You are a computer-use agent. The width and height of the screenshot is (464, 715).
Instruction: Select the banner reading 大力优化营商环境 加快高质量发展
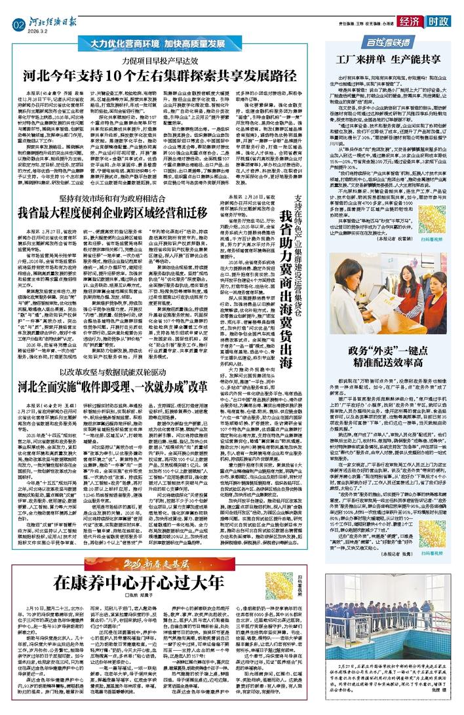(x=174, y=49)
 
